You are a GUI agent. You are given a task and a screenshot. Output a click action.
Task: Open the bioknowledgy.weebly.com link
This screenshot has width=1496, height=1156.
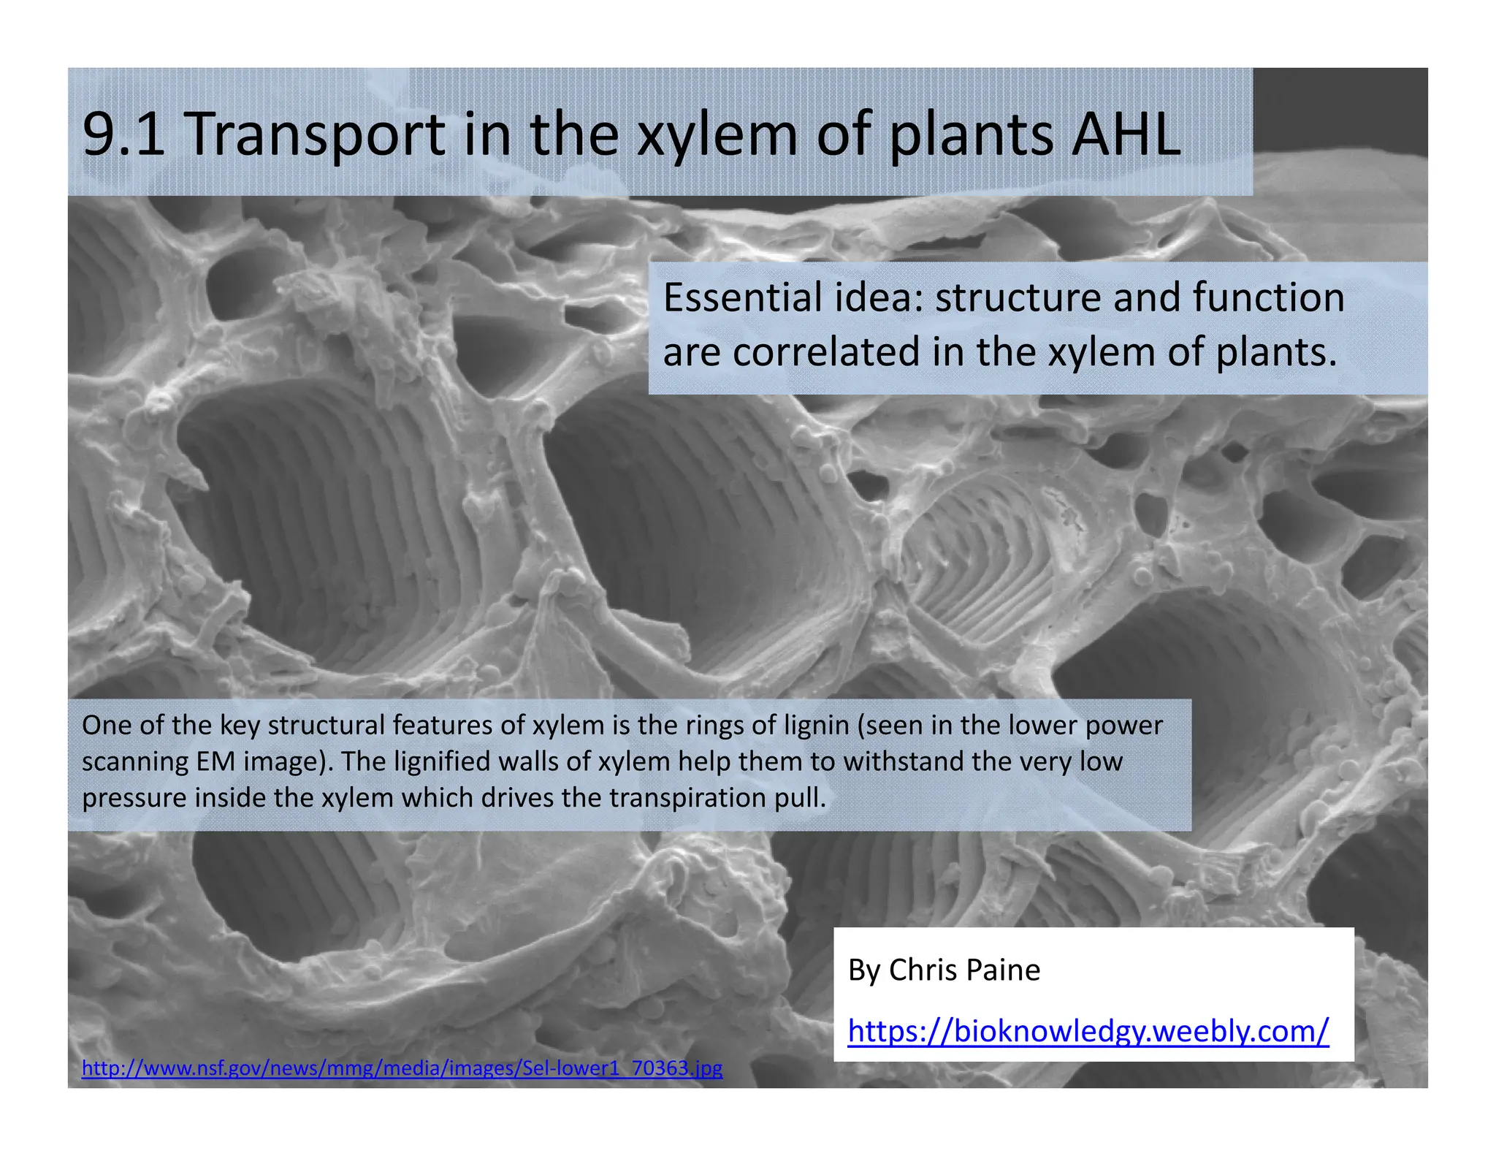click(x=1088, y=1031)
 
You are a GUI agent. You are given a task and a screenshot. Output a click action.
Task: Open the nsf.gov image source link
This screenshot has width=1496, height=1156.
click(x=402, y=1068)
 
